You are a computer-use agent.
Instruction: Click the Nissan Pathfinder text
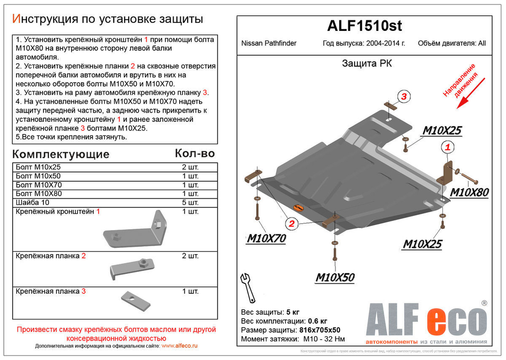coord(269,43)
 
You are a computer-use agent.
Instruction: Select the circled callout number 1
coord(447,147)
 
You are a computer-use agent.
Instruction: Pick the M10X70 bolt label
coord(266,238)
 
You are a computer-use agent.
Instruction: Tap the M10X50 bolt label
coord(334,277)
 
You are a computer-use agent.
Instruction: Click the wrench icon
coord(248,287)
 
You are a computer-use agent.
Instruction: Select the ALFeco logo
coord(426,320)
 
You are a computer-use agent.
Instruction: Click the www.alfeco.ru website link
coord(179,346)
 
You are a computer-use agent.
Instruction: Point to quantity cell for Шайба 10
coord(190,203)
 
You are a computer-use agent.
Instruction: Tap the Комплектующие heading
coord(60,154)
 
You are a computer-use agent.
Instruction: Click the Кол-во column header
coord(194,153)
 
